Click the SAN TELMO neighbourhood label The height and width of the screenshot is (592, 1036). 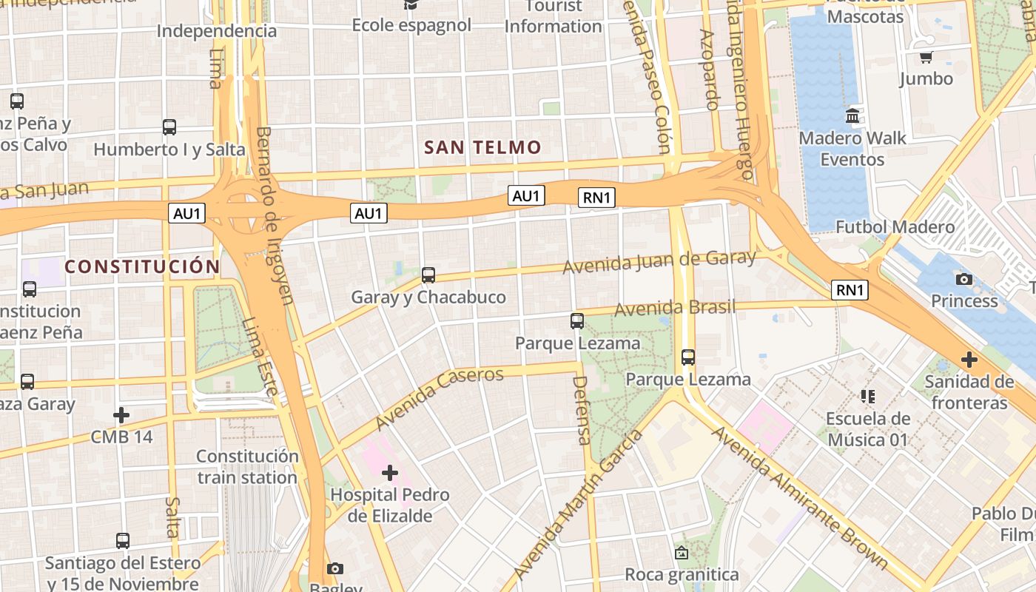pos(482,147)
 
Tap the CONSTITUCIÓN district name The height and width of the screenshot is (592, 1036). pos(142,266)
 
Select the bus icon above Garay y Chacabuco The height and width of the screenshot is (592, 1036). pos(428,275)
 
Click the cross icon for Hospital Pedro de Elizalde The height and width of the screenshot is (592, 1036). pos(390,473)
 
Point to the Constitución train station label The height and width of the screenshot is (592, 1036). pos(247,467)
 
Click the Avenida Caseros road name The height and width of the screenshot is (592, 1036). pos(440,398)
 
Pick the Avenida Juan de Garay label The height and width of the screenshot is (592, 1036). pos(659,262)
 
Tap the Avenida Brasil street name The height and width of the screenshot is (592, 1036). pos(675,308)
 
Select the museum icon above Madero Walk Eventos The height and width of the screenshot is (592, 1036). pos(852,116)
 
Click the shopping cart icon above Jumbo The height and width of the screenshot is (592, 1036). pos(926,57)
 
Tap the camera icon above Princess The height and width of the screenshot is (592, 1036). pos(963,279)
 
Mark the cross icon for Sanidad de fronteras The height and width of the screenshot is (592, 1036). pos(969,360)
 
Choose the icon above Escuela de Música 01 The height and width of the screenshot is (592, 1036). pos(868,397)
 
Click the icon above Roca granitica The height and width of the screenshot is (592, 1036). pos(682,553)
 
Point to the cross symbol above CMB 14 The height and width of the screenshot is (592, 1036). pos(121,415)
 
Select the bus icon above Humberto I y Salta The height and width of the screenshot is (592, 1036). pos(169,127)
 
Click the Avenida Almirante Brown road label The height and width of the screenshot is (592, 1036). pos(799,497)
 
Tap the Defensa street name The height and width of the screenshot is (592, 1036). pos(582,410)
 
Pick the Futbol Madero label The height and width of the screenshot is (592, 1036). pos(895,227)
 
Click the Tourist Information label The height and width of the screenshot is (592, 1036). pos(553,17)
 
